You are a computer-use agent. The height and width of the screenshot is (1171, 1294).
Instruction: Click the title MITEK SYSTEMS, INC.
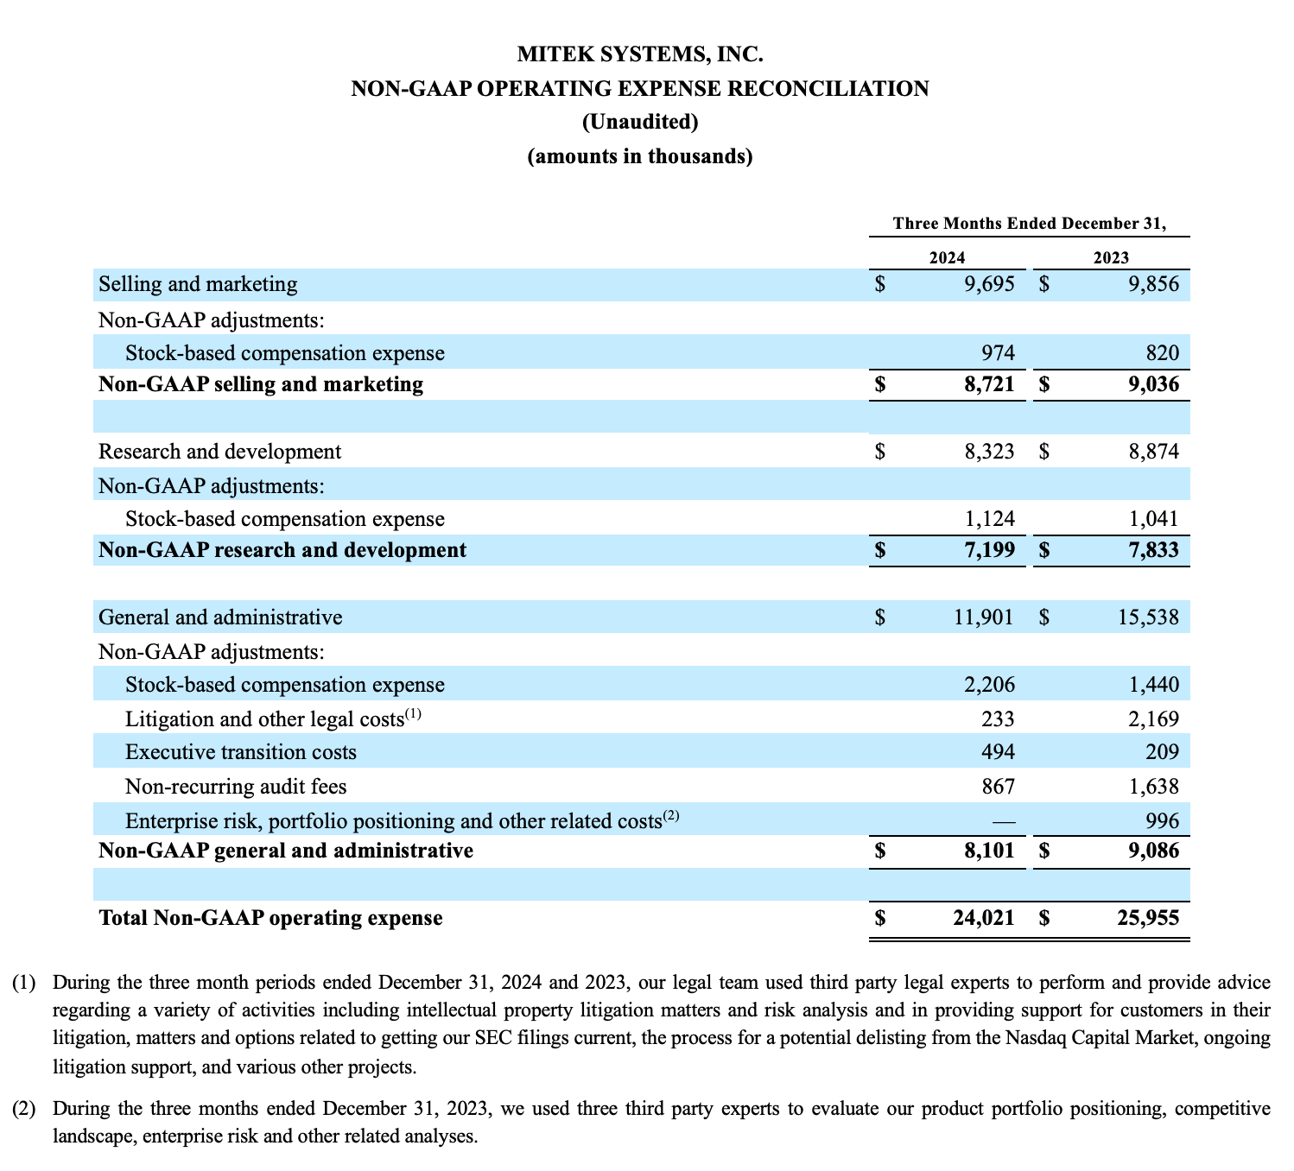[640, 55]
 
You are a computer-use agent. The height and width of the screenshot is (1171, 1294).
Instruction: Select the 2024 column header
[947, 257]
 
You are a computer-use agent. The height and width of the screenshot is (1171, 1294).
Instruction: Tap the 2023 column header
[1111, 257]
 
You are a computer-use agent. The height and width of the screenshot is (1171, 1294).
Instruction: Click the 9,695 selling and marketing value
[989, 284]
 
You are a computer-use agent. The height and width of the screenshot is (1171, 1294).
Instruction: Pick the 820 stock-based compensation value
[1161, 352]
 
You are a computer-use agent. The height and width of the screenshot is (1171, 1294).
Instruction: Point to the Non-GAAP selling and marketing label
[261, 384]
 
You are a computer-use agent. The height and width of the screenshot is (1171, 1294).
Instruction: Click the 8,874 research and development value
[1153, 452]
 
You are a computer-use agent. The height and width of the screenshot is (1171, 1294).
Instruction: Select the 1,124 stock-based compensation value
[989, 519]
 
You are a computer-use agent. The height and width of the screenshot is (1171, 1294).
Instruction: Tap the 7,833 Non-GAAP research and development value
[1152, 550]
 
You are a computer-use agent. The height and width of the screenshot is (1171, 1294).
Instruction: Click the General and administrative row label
[220, 617]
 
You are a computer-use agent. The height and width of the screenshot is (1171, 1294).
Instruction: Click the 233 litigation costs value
[997, 719]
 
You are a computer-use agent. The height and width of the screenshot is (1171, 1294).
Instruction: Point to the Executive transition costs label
[240, 752]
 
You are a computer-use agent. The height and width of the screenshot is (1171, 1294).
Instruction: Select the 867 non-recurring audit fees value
[997, 787]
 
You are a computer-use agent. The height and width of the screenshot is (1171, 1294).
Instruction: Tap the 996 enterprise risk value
[1161, 821]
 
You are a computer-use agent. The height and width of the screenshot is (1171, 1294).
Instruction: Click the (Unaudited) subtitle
[640, 122]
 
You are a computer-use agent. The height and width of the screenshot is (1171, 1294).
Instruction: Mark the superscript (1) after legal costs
[413, 714]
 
